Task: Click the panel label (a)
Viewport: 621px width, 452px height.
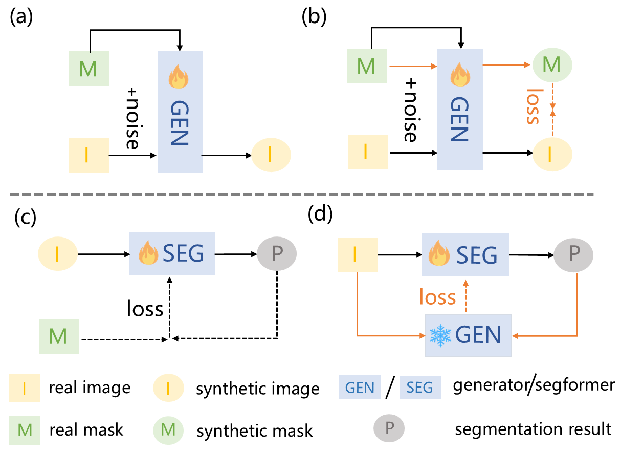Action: pyautogui.click(x=21, y=17)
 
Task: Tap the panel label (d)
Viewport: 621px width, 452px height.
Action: pyautogui.click(x=320, y=214)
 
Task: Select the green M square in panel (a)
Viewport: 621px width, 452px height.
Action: pyautogui.click(x=88, y=69)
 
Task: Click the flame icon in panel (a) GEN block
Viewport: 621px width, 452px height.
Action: pyautogui.click(x=179, y=77)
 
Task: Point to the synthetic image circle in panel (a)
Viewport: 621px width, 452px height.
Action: pyautogui.click(x=271, y=155)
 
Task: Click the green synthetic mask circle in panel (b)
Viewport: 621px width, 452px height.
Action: pyautogui.click(x=552, y=65)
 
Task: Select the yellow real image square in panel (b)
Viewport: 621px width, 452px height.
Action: pyautogui.click(x=368, y=152)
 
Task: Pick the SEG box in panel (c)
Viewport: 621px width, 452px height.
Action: pyautogui.click(x=172, y=254)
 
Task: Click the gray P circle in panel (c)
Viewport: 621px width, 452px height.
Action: pyautogui.click(x=277, y=253)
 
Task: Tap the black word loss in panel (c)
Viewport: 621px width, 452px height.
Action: pyautogui.click(x=145, y=308)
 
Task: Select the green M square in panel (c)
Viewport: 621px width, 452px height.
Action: pyautogui.click(x=59, y=336)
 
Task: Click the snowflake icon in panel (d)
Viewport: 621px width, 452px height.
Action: pyautogui.click(x=440, y=336)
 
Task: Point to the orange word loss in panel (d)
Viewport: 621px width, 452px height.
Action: pyautogui.click(x=437, y=296)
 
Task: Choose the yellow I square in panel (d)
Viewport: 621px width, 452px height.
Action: pyautogui.click(x=358, y=254)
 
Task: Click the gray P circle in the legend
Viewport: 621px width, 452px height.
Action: pyautogui.click(x=389, y=428)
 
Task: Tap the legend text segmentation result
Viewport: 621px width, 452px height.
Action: pyautogui.click(x=533, y=429)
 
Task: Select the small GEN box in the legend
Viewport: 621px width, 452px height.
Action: pyautogui.click(x=360, y=387)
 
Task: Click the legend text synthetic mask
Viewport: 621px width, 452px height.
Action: pyautogui.click(x=255, y=431)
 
